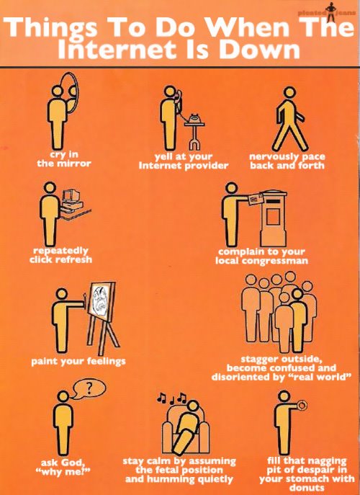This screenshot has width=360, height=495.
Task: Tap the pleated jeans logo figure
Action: click(330, 12)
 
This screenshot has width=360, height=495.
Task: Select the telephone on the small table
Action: click(194, 119)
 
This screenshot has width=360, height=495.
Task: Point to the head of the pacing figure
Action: click(289, 92)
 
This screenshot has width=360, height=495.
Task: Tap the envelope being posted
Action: click(256, 199)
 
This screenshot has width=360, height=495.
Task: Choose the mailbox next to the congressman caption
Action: click(274, 218)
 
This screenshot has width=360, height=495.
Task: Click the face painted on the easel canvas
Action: click(101, 300)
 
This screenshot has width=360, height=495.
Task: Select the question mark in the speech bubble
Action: click(89, 388)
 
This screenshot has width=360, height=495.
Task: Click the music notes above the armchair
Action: click(171, 398)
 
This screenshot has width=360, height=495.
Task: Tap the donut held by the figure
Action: click(302, 405)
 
